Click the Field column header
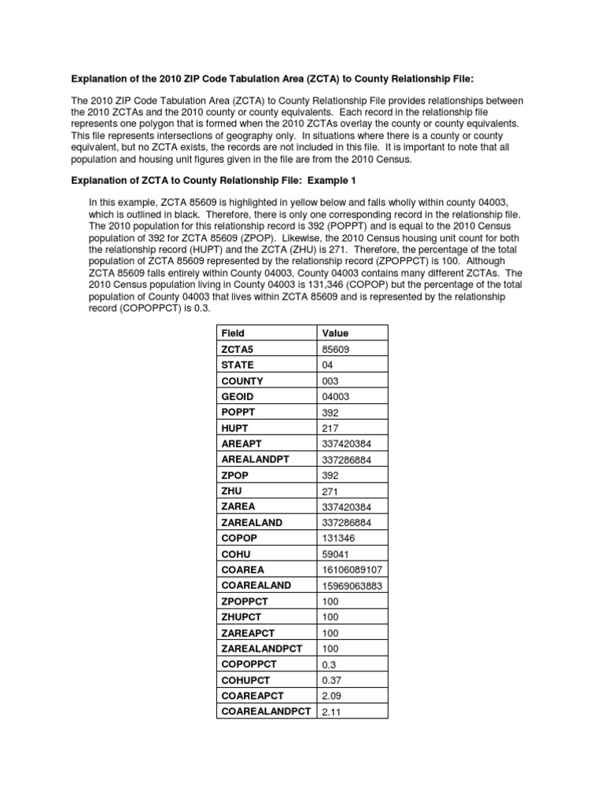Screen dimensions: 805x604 point(234,333)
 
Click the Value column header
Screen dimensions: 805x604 point(335,333)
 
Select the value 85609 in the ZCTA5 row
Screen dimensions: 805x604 point(335,350)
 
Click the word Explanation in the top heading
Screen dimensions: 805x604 point(101,79)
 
